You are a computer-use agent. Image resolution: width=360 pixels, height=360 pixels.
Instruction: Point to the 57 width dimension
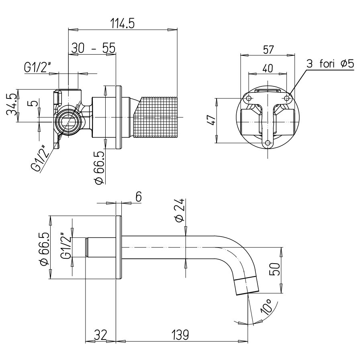point(268,50)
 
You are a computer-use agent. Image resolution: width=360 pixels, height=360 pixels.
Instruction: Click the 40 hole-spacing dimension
point(268,68)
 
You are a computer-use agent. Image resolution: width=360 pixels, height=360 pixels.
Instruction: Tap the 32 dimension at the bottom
point(100,334)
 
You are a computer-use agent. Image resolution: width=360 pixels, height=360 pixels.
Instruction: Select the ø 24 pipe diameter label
point(180,210)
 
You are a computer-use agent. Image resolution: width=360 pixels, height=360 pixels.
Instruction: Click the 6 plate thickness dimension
point(139,196)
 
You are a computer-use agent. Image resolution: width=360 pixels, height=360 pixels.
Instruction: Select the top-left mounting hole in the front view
point(249,98)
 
